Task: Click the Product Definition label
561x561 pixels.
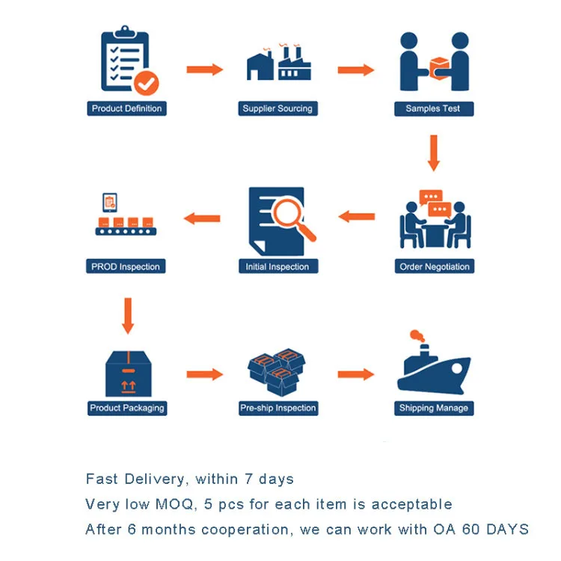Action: pyautogui.click(x=126, y=108)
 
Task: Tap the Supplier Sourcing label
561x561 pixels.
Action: pyautogui.click(x=278, y=108)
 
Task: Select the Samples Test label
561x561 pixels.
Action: pyautogui.click(x=432, y=108)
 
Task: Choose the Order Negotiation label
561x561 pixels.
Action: pyautogui.click(x=435, y=266)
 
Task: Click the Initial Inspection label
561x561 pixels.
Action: pyautogui.click(x=278, y=266)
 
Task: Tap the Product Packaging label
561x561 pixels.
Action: pyautogui.click(x=126, y=408)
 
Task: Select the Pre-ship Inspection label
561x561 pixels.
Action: pyautogui.click(x=278, y=408)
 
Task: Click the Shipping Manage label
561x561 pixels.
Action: pyautogui.click(x=434, y=408)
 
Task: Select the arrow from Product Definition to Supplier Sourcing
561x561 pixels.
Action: pyautogui.click(x=204, y=70)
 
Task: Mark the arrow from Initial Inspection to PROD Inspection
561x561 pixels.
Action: pyautogui.click(x=202, y=218)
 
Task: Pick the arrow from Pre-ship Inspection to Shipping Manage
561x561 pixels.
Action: pyautogui.click(x=355, y=374)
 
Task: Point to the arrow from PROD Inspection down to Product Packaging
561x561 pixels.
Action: pyautogui.click(x=128, y=316)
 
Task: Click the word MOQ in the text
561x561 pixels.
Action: pyautogui.click(x=174, y=504)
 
